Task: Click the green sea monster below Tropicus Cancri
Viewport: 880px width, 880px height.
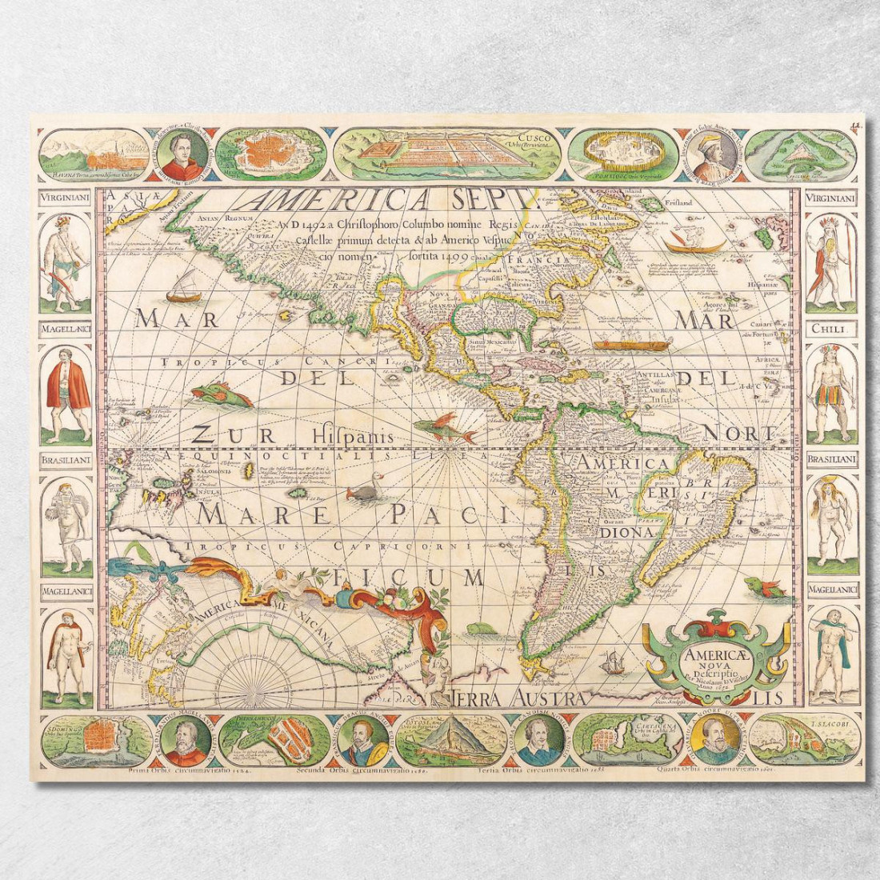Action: click(x=220, y=394)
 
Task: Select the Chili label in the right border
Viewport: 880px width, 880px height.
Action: click(x=831, y=329)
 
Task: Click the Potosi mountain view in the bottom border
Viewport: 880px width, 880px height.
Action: click(x=452, y=740)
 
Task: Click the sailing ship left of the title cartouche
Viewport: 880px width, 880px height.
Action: click(x=612, y=662)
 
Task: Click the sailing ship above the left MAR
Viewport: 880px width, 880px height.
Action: click(x=184, y=287)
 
